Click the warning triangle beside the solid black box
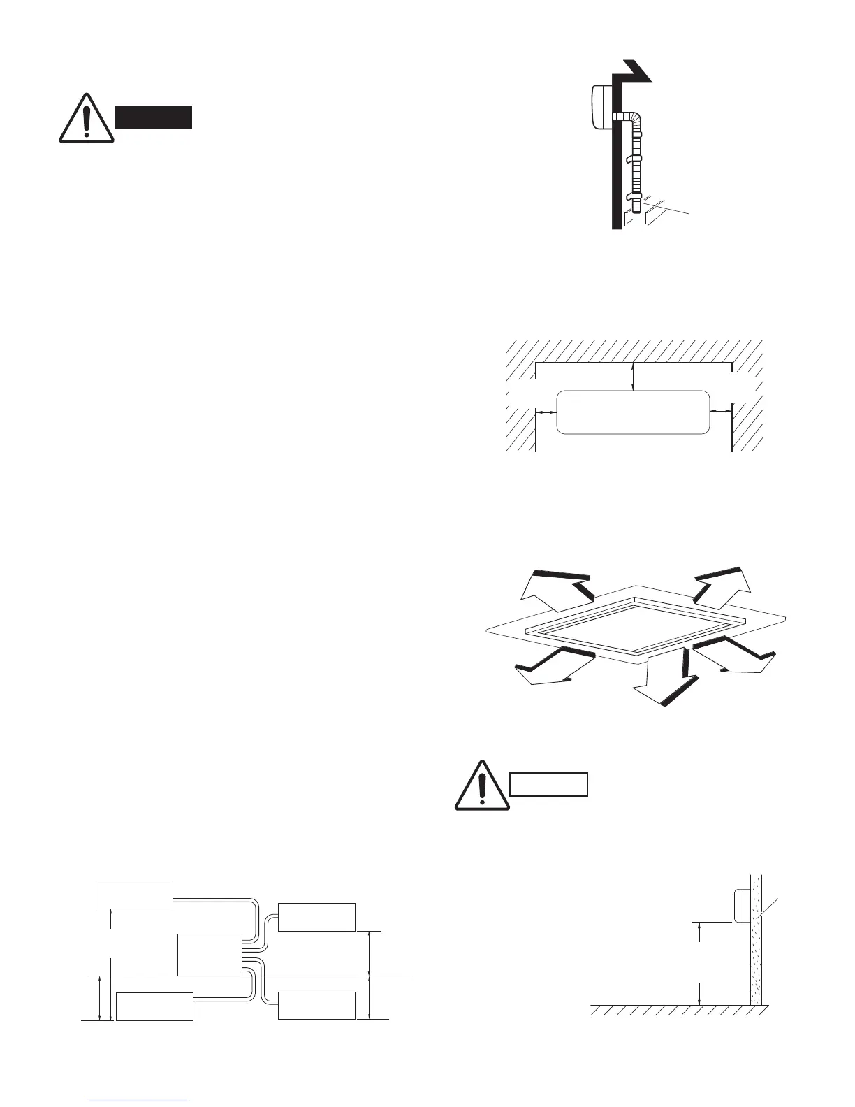pos(86,119)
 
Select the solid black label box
pos(154,117)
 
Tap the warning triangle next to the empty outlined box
pos(481,786)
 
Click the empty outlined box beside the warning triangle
pos(549,784)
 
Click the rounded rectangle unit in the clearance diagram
pos(633,412)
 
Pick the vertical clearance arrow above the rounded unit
pos(633,376)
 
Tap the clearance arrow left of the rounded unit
pos(546,412)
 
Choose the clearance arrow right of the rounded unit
pos(720,412)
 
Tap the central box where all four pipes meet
pos(210,954)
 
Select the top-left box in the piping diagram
pos(134,895)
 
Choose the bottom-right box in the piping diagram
pos(316,1005)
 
